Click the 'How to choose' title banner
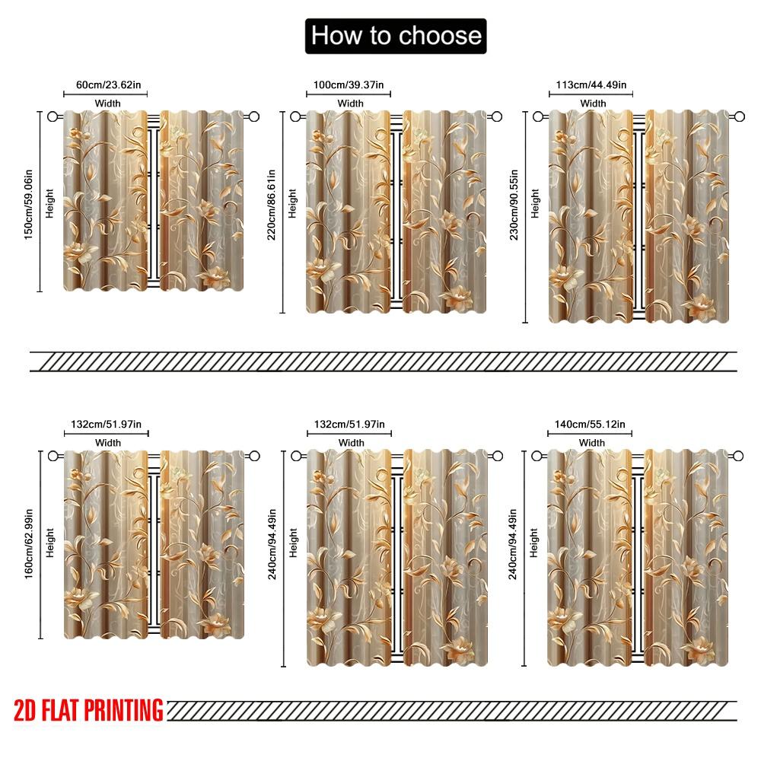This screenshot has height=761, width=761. click(x=396, y=36)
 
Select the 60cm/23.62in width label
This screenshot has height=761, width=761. click(x=108, y=85)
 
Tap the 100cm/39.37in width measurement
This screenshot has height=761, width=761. click(x=349, y=85)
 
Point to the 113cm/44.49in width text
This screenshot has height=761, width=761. click(x=591, y=85)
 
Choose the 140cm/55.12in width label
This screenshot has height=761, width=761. click(x=590, y=424)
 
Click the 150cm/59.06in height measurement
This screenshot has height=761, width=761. click(x=29, y=204)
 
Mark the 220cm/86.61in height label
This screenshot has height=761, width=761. click(x=272, y=204)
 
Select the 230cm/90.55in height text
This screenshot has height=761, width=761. click(x=514, y=204)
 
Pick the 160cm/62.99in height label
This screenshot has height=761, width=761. click(x=29, y=543)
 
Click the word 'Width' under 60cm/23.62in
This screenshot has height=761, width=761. click(x=108, y=103)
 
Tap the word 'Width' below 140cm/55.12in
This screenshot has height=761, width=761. click(x=591, y=443)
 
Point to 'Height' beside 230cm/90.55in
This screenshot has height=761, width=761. click(x=535, y=203)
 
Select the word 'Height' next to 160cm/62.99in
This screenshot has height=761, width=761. click(x=49, y=543)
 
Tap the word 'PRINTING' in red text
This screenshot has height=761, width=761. click(x=124, y=710)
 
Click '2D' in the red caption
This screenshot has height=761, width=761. click(x=24, y=710)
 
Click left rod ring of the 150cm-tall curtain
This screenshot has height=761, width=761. click(x=53, y=116)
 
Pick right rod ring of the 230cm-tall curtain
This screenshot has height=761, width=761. click(x=739, y=116)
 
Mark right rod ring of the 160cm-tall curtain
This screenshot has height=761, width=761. click(x=255, y=456)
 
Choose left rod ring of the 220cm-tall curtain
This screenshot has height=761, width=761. click(x=295, y=116)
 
